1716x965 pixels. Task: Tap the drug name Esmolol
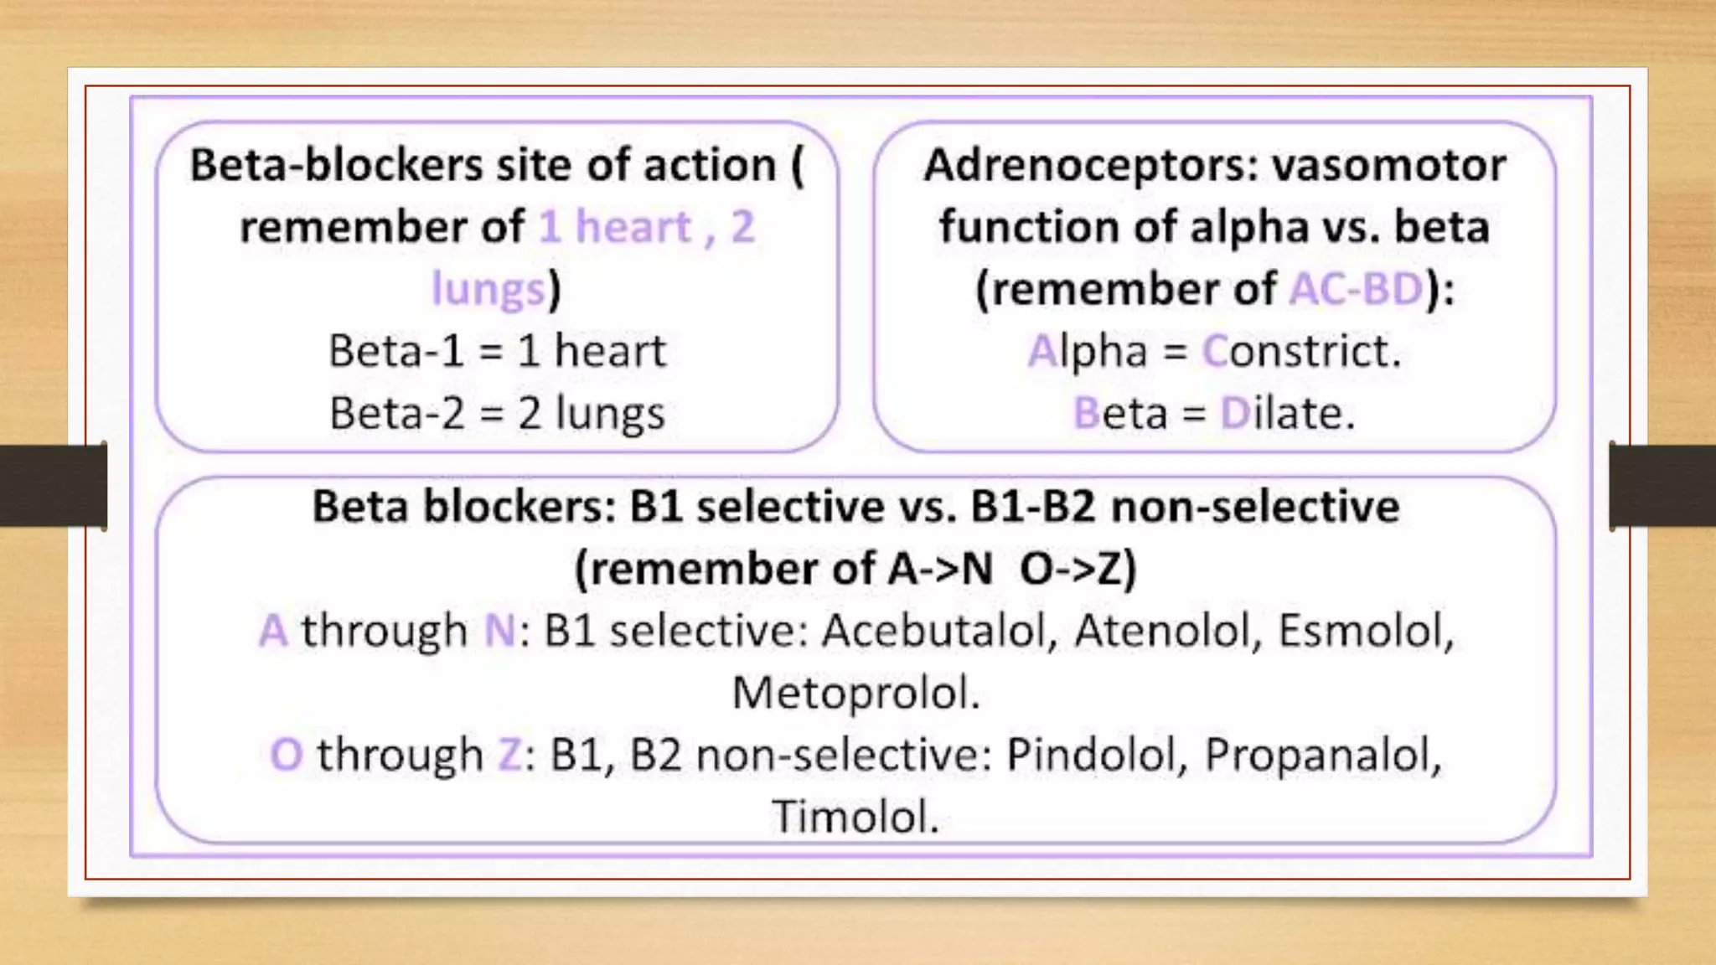(x=1366, y=631)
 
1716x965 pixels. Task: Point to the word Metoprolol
(x=855, y=694)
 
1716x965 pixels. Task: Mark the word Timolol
(x=855, y=817)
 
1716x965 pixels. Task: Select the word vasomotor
(x=1388, y=165)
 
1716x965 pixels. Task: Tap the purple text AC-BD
(x=1356, y=289)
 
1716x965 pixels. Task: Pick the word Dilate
(x=1287, y=413)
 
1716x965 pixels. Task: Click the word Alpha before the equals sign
(x=1087, y=351)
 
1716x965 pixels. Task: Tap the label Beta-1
(x=395, y=351)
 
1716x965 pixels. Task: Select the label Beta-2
(x=396, y=413)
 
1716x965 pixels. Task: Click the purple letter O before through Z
(x=286, y=755)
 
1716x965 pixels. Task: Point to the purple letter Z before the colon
(x=509, y=755)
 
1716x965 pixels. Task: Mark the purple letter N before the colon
(x=499, y=631)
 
